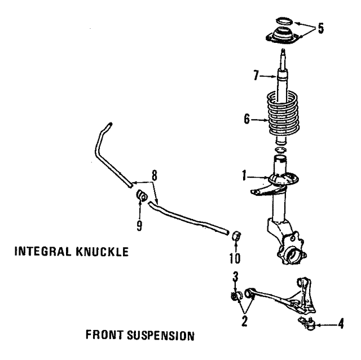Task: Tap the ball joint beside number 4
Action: (x=306, y=323)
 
